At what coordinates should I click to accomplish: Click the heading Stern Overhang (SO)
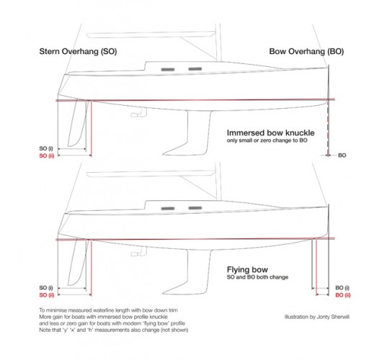pyautogui.click(x=78, y=52)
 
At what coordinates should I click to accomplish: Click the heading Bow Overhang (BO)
pyautogui.click(x=306, y=52)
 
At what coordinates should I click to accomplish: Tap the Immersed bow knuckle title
pyautogui.click(x=270, y=133)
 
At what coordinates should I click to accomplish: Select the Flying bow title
pyautogui.click(x=247, y=270)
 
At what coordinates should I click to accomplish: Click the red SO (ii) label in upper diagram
pyautogui.click(x=47, y=156)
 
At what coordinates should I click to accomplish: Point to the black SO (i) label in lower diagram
pyautogui.click(x=46, y=288)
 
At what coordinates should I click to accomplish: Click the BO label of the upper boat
pyautogui.click(x=342, y=156)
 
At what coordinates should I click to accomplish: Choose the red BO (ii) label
pyautogui.click(x=343, y=295)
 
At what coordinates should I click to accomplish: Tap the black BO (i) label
pyautogui.click(x=342, y=288)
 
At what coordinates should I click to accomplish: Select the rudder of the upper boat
pyautogui.click(x=76, y=124)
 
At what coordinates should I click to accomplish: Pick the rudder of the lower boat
pyautogui.click(x=76, y=263)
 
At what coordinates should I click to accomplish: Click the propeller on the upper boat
pyautogui.click(x=139, y=114)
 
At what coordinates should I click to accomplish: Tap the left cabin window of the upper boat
pyautogui.click(x=168, y=70)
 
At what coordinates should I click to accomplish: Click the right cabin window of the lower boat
pyautogui.click(x=195, y=208)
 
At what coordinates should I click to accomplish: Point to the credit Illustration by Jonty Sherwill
pyautogui.click(x=316, y=317)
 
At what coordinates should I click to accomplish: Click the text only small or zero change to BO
pyautogui.click(x=267, y=140)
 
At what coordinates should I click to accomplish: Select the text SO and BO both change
pyautogui.click(x=257, y=277)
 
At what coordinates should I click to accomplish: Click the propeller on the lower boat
pyautogui.click(x=139, y=252)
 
